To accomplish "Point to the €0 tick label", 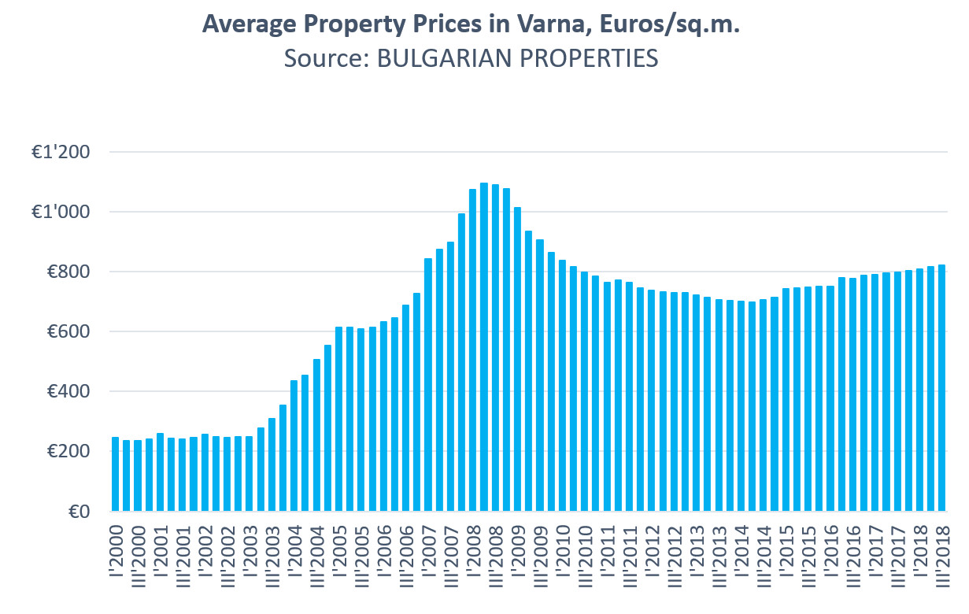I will pos(78,512).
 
